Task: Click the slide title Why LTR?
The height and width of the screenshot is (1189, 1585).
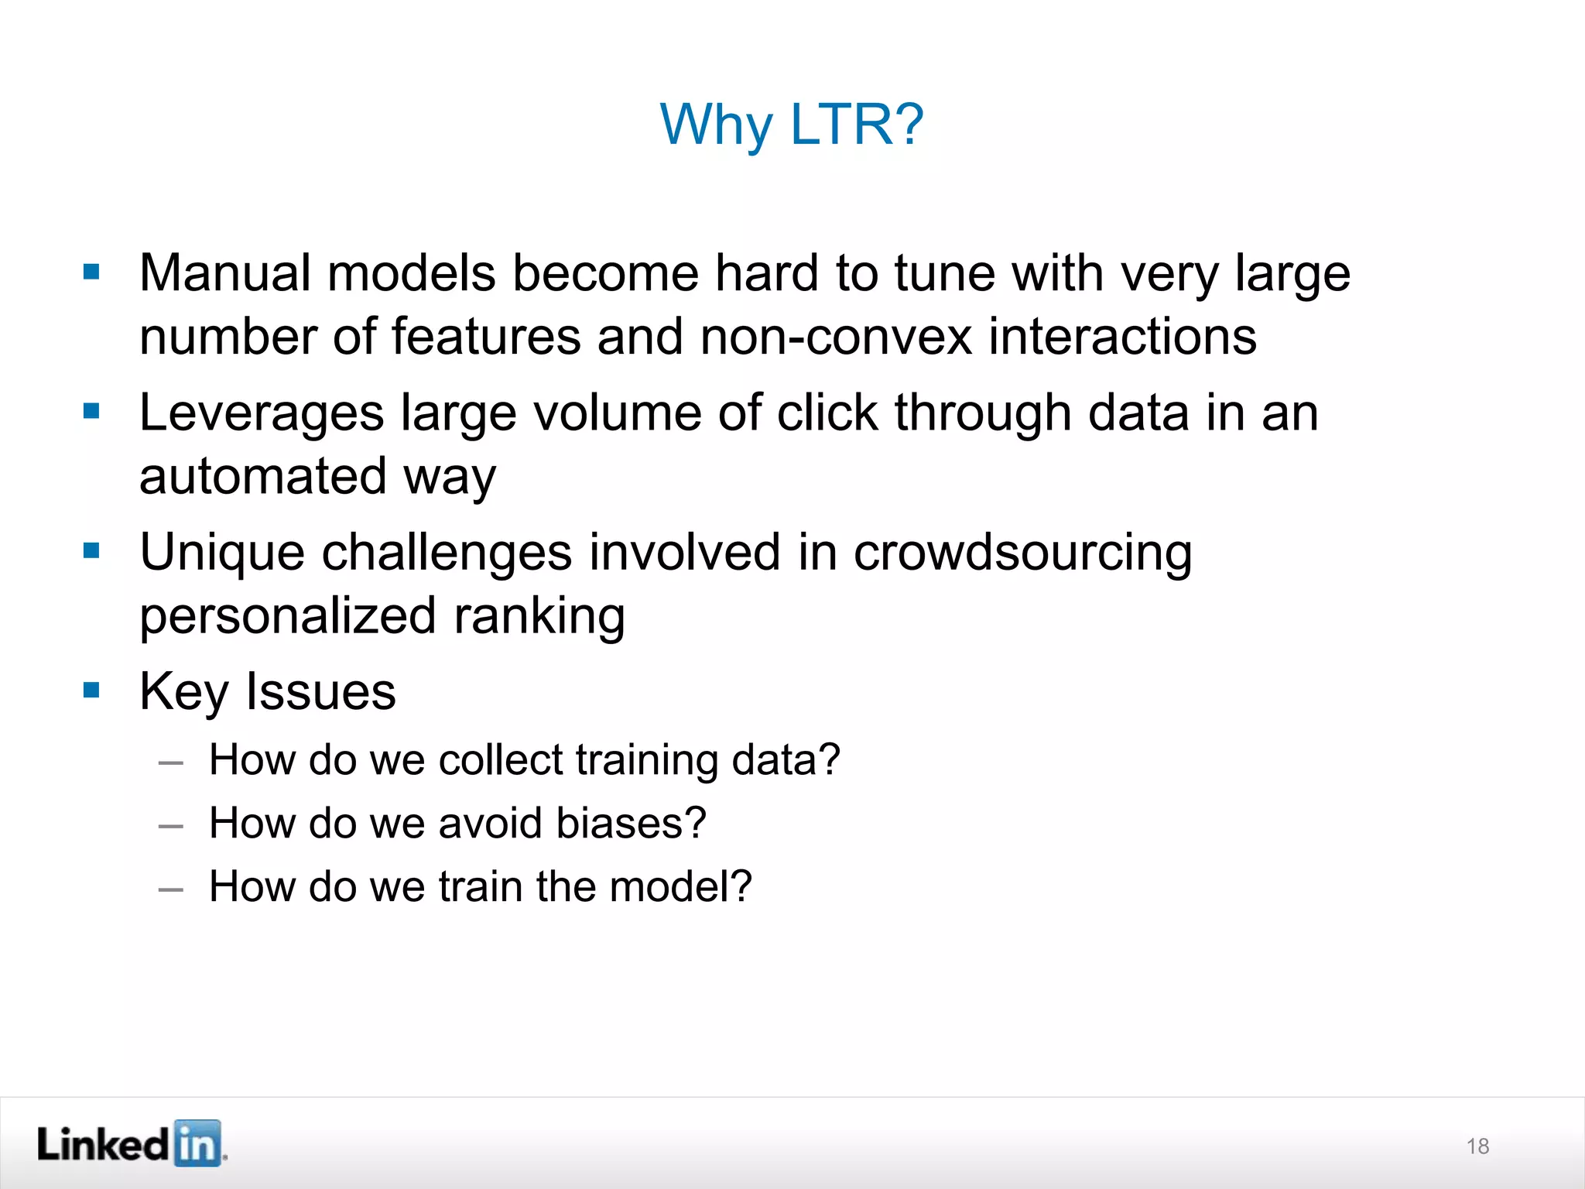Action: point(792,125)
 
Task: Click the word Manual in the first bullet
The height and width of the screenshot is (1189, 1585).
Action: point(224,273)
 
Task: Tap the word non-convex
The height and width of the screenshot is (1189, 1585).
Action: point(834,338)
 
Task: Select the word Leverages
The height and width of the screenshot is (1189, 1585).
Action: point(261,413)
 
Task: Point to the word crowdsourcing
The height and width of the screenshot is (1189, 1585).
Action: point(1022,553)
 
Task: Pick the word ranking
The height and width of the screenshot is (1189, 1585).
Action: point(539,616)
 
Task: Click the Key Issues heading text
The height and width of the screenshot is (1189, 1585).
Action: point(267,691)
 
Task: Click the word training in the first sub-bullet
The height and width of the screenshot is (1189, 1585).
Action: point(647,759)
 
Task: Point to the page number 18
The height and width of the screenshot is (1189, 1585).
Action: point(1477,1146)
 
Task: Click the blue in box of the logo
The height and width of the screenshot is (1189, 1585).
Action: point(197,1143)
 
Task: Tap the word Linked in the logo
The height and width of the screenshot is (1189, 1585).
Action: point(102,1144)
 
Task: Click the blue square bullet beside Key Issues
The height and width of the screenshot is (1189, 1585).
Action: point(91,690)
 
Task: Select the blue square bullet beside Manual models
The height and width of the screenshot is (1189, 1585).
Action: point(91,272)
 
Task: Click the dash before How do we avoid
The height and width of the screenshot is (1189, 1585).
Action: point(170,826)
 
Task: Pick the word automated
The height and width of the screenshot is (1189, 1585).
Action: point(262,476)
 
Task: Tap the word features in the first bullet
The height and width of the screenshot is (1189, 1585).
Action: point(485,338)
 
